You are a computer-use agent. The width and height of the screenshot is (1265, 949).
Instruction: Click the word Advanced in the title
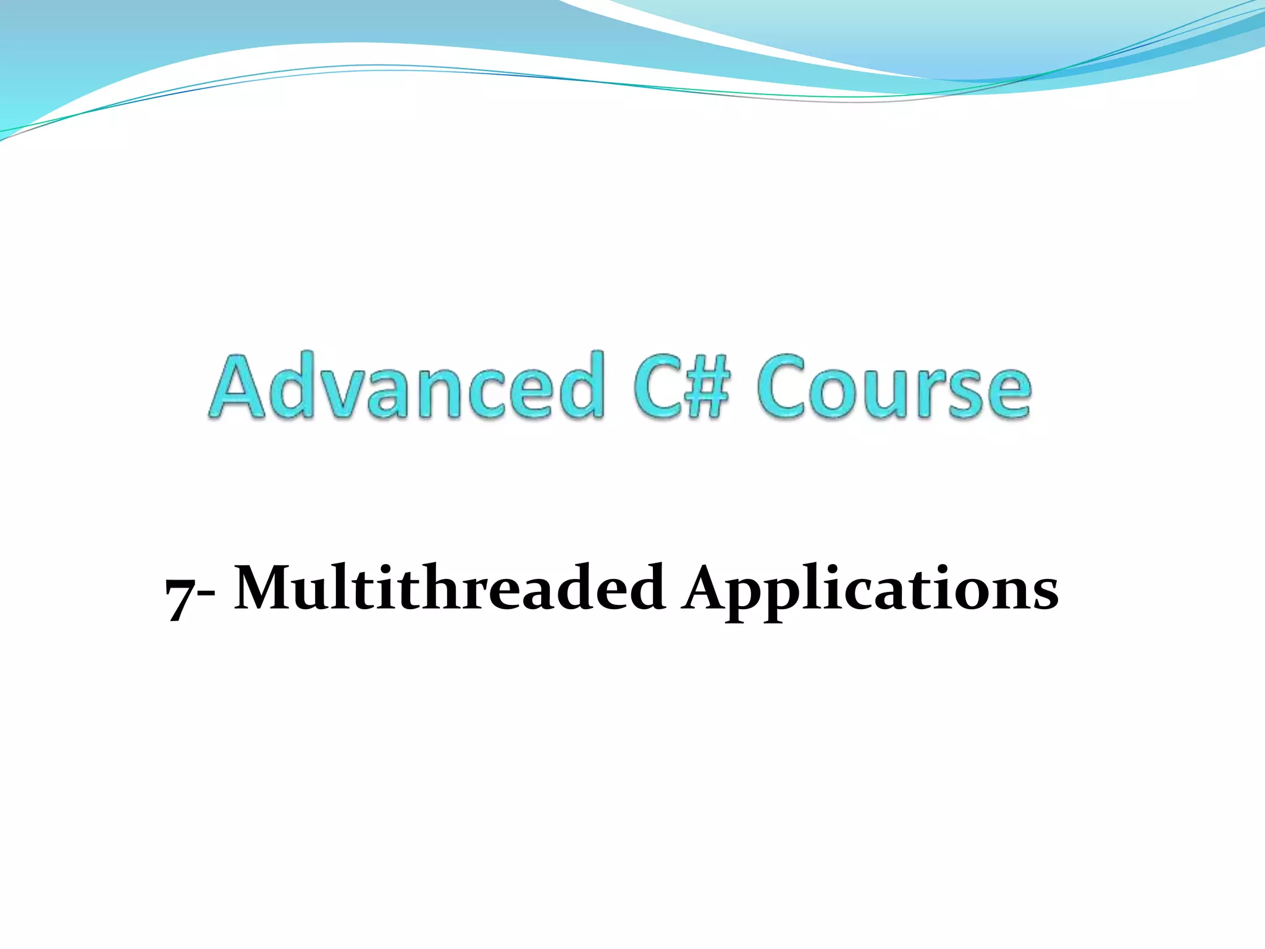point(408,386)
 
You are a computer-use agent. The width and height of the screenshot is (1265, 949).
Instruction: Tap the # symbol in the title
point(705,388)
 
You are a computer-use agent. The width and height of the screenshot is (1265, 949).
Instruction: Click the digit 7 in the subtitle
point(180,596)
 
